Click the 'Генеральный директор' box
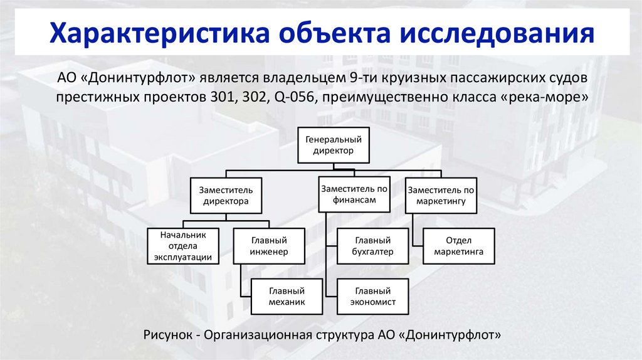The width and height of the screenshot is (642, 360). [x=333, y=145]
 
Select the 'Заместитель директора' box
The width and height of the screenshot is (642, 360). [x=226, y=196]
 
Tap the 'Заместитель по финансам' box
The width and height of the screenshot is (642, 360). [x=354, y=194]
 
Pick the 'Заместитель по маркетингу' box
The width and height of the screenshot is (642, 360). [x=441, y=196]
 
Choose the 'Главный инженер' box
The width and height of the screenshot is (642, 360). [x=269, y=246]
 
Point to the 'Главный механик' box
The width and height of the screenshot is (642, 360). [x=287, y=296]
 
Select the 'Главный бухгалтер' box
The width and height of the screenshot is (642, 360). [x=373, y=246]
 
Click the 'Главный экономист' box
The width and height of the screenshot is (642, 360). [x=373, y=296]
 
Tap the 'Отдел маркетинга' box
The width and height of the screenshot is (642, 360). [x=459, y=246]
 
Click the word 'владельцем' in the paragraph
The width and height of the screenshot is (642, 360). [x=309, y=80]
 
